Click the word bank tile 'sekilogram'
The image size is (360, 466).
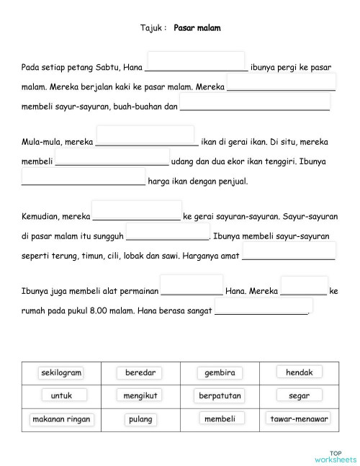(x=61, y=372)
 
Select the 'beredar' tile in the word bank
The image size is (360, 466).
(x=140, y=372)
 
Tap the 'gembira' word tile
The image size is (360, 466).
(x=219, y=372)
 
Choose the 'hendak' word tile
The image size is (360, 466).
(x=299, y=372)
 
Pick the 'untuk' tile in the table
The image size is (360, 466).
(x=61, y=395)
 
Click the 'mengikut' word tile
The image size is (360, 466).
(x=140, y=395)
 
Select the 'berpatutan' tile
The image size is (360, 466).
(x=219, y=395)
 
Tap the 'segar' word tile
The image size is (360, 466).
(x=299, y=395)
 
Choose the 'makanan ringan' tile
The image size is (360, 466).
(x=61, y=418)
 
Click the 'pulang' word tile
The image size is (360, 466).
(x=140, y=418)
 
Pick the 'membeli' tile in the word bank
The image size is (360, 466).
(x=219, y=418)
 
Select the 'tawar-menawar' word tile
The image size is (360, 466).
(x=299, y=418)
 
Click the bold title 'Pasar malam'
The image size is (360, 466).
(x=197, y=28)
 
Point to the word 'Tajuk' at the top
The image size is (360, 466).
(x=152, y=28)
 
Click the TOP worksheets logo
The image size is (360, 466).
(x=335, y=456)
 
